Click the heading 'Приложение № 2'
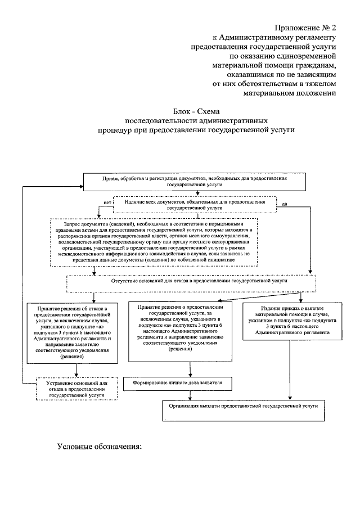(305, 28)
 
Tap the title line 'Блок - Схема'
(196, 112)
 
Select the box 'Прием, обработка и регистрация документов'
(195, 182)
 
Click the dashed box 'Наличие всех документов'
(195, 205)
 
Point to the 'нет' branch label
(107, 202)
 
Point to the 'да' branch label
(285, 204)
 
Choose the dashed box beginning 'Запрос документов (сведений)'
(154, 242)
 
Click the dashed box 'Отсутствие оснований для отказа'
(191, 283)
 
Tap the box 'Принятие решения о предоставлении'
(180, 331)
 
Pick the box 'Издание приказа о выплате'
(292, 321)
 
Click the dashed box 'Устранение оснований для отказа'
(76, 389)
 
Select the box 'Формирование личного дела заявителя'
(178, 383)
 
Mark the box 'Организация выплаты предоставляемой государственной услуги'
(244, 411)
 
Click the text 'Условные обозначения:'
(100, 447)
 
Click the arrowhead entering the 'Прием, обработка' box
(81, 186)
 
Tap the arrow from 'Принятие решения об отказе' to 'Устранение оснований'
(76, 371)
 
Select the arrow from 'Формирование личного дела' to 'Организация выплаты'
(190, 395)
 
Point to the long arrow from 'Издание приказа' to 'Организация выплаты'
(290, 370)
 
